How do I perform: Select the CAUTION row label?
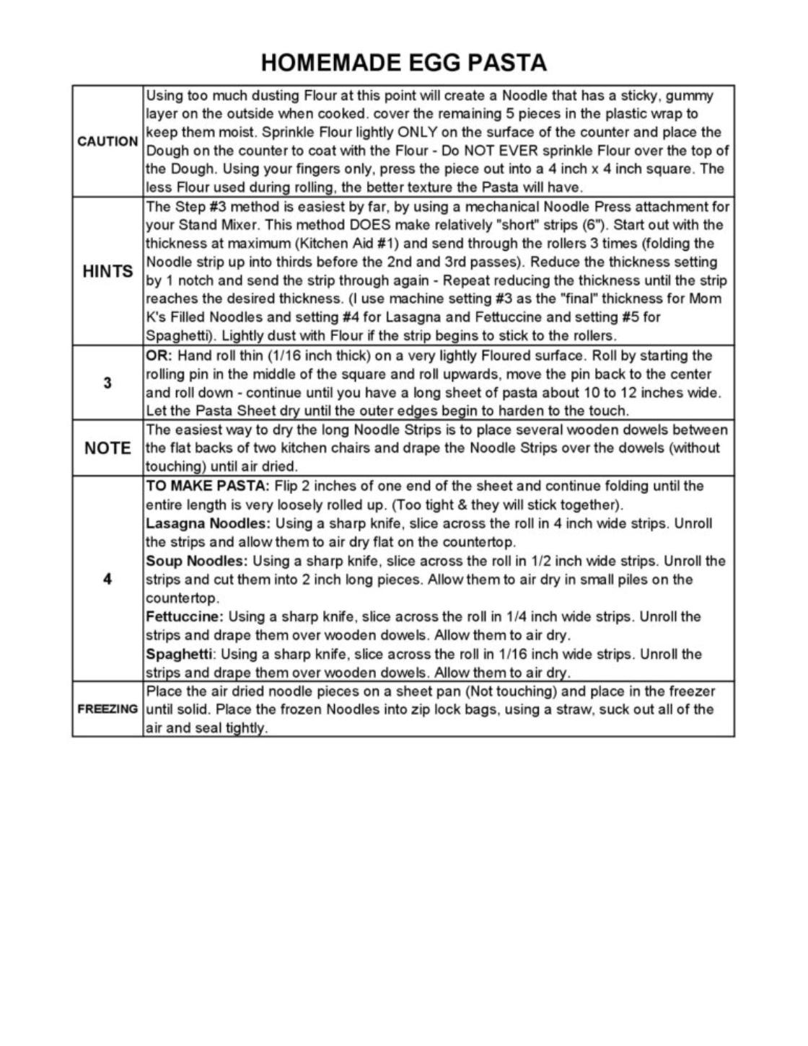pos(107,141)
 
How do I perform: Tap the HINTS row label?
pos(107,272)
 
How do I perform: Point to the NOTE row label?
pos(107,448)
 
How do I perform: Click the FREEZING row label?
pos(107,709)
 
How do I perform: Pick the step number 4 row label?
pos(107,579)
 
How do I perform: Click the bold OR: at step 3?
pos(159,355)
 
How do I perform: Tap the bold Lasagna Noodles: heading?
pos(208,523)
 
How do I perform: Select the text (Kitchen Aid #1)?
pos(331,244)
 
